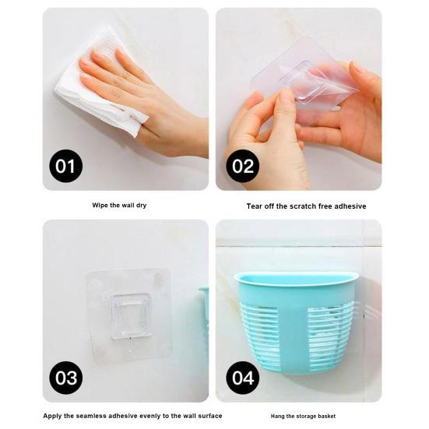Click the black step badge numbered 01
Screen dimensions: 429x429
(65, 166)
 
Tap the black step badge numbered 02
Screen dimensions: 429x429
(243, 166)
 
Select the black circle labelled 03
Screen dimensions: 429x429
(65, 378)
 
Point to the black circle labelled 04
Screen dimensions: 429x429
(243, 378)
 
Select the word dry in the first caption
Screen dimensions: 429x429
(141, 206)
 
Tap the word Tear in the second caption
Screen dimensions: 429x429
(254, 206)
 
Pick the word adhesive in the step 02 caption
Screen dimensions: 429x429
(350, 206)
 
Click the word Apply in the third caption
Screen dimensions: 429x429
(52, 416)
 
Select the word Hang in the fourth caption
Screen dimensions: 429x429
(277, 416)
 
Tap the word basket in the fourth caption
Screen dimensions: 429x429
(327, 416)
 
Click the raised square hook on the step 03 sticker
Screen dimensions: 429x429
(131, 316)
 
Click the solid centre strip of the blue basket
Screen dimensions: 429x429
(294, 329)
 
